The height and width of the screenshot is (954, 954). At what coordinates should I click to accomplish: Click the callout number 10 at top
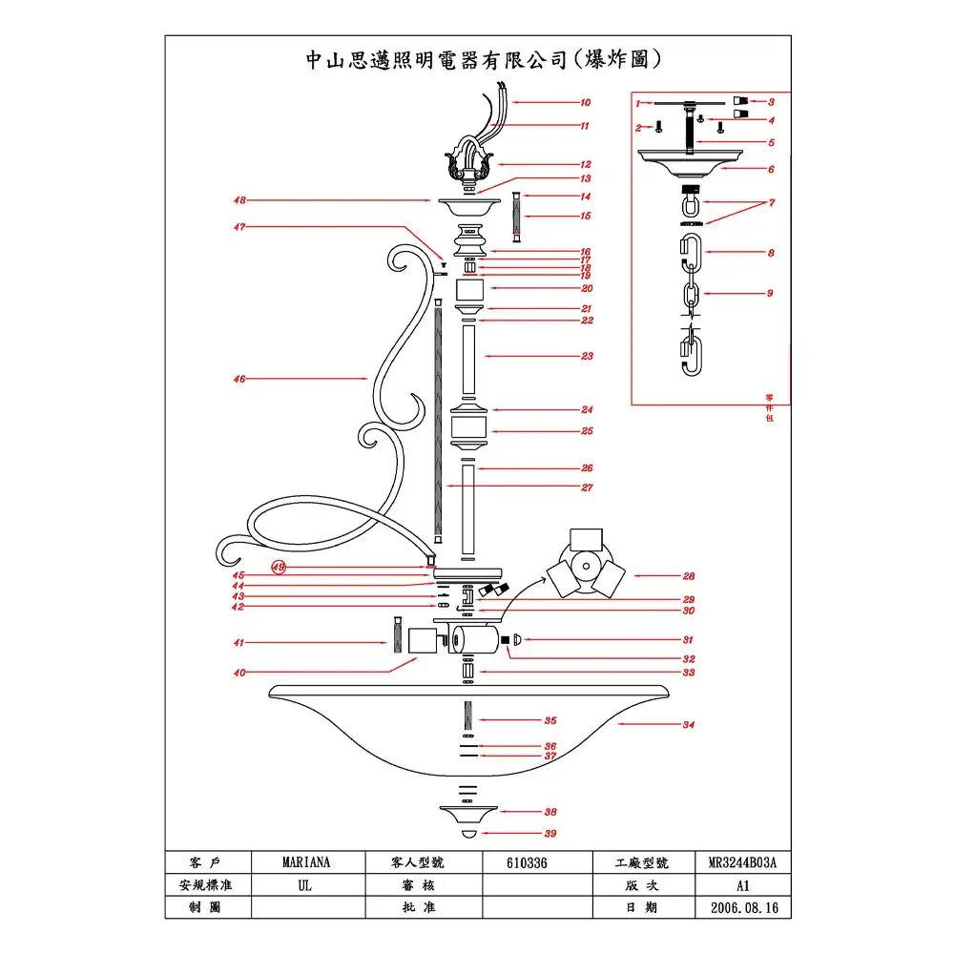586,102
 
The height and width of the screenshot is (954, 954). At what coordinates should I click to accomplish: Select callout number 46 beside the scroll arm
239,379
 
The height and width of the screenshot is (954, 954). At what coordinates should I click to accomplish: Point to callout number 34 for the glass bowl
688,725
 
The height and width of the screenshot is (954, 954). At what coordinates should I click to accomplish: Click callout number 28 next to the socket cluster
688,576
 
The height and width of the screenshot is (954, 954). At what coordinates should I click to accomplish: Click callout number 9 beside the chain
770,293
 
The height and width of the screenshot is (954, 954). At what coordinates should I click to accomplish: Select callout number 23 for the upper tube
588,356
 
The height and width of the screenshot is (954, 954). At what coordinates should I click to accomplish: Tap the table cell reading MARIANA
306,862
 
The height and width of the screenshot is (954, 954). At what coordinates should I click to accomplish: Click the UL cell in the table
306,885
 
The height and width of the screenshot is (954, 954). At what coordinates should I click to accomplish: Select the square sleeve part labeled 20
468,288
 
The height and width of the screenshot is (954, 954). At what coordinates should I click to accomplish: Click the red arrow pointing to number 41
315,644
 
